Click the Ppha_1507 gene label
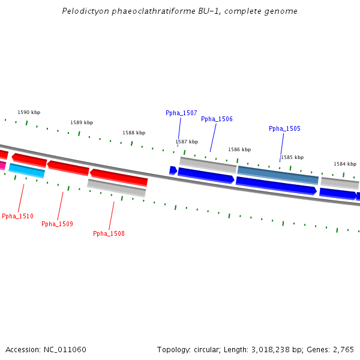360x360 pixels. [181, 113]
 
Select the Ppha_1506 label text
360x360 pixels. [217, 119]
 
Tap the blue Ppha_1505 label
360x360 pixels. [284, 128]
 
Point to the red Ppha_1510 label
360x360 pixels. [17, 216]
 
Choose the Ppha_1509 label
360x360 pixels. [57, 224]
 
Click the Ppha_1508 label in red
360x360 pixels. [109, 233]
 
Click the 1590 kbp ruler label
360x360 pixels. [29, 112]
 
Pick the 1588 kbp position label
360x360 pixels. [134, 133]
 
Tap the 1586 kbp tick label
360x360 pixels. [239, 149]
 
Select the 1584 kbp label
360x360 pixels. [345, 164]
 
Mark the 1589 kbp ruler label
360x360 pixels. [82, 122]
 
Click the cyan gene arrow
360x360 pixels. [27, 170]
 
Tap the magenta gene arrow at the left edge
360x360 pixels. [2, 165]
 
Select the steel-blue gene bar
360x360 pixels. [278, 175]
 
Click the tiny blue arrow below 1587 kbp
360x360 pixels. [173, 170]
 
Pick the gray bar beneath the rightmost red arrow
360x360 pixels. [116, 188]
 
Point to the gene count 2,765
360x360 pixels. [343, 349]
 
